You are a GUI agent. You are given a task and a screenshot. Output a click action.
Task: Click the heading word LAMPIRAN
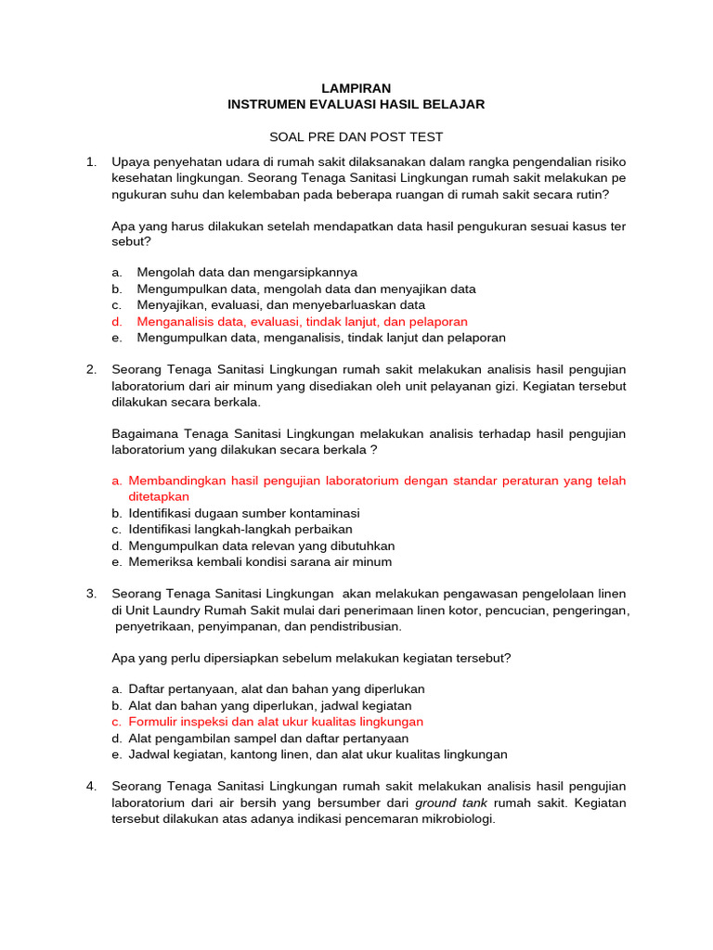(356, 88)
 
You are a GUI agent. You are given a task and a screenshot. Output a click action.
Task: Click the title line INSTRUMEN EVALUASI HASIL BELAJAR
(356, 105)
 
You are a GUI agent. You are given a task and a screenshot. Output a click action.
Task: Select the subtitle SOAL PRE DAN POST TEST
(356, 137)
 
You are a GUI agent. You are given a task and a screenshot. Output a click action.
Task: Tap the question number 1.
(91, 162)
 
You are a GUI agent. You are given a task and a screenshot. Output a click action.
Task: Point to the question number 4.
(91, 787)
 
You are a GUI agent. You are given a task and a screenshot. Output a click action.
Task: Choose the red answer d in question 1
(302, 322)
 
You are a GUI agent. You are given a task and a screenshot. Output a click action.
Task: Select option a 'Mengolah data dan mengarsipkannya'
(247, 273)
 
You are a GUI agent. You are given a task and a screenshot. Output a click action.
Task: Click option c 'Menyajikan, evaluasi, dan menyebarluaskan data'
(280, 305)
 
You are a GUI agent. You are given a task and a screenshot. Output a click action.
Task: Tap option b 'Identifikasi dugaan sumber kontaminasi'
(244, 513)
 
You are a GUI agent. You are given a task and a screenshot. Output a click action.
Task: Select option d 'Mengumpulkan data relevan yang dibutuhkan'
(261, 546)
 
